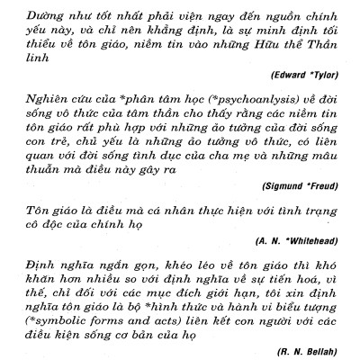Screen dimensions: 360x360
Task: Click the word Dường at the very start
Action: point(41,16)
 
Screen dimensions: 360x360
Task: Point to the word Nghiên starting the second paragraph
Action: point(44,110)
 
